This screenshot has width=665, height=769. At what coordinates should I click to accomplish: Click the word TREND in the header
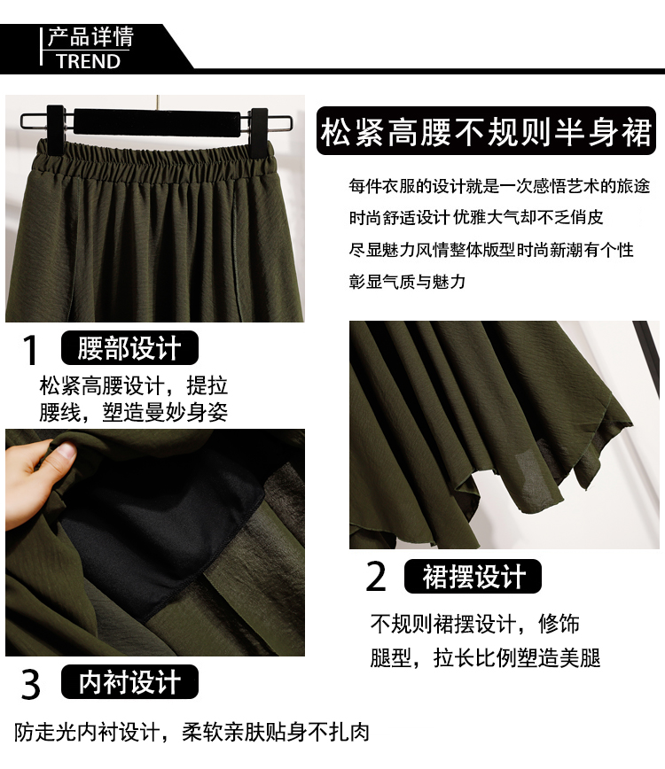[89, 61]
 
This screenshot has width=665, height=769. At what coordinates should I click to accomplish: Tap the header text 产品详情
[90, 37]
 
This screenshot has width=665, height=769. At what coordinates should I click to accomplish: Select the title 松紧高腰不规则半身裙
[486, 131]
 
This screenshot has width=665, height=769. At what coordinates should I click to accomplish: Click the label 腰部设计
[129, 347]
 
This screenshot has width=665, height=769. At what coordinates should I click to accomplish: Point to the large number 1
[30, 350]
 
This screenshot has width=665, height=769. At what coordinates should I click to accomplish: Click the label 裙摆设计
[473, 576]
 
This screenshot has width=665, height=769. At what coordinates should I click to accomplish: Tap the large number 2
[376, 576]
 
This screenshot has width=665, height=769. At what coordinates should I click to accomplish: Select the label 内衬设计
[129, 681]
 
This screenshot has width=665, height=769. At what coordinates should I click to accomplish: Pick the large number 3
[30, 685]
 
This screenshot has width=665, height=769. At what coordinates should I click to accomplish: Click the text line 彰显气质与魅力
[407, 282]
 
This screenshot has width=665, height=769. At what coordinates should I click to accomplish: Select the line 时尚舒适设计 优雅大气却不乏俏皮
[476, 217]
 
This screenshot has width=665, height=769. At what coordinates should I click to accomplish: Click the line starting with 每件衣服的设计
[499, 186]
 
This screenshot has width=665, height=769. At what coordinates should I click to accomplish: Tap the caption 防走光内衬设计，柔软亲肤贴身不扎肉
[192, 732]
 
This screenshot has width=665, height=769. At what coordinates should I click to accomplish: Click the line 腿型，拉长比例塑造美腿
[485, 657]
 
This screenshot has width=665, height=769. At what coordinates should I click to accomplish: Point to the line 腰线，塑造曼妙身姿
[134, 412]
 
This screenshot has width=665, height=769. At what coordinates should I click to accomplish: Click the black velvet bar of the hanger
[157, 120]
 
